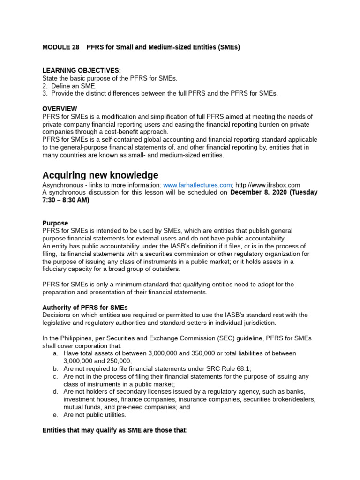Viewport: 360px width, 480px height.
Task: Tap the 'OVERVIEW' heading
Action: click(x=60, y=109)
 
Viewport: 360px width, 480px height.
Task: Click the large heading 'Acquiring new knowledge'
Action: click(x=100, y=175)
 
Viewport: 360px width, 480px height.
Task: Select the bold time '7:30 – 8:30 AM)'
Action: click(x=66, y=200)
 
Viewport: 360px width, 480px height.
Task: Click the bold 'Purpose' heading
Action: click(x=55, y=223)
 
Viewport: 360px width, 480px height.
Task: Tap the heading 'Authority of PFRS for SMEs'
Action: click(x=85, y=307)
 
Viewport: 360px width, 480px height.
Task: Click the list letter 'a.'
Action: click(x=55, y=353)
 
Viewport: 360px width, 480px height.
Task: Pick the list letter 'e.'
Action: click(x=55, y=415)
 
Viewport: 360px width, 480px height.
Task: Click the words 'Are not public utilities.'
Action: click(x=95, y=415)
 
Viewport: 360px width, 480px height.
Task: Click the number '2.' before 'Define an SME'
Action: click(x=45, y=86)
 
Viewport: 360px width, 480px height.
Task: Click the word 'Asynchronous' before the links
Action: click(x=64, y=185)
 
